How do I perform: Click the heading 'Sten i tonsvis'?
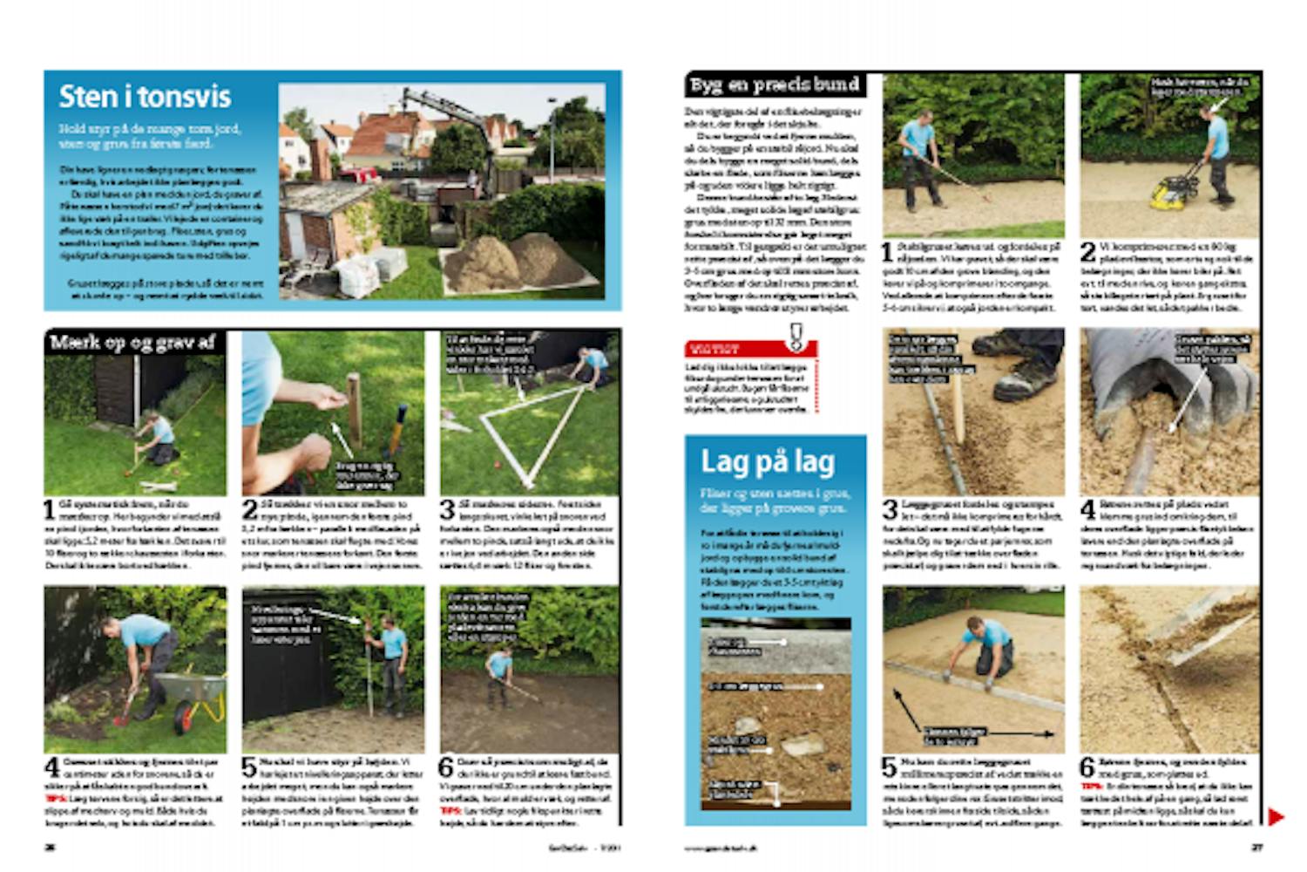point(145,96)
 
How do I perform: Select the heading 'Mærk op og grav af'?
point(132,342)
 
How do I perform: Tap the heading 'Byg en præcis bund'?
point(775,85)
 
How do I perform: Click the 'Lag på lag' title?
point(768,461)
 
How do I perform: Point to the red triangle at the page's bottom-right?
point(1276,817)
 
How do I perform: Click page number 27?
point(1256,847)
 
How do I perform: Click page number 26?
point(50,847)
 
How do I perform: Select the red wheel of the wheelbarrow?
point(186,718)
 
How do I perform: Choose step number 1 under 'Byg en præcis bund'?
point(888,253)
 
